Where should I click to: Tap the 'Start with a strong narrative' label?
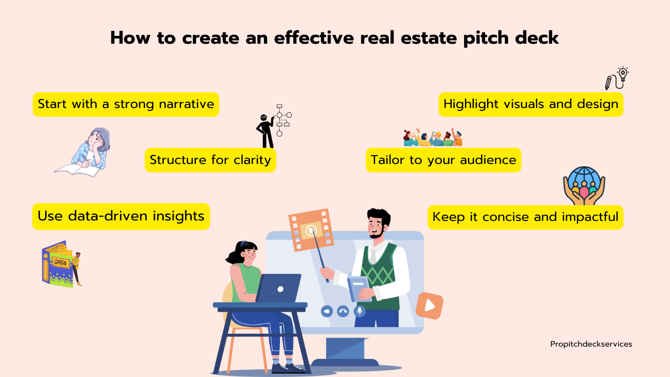pos(126,104)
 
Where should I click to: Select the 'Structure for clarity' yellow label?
pos(210,160)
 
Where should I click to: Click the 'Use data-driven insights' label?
pos(121,216)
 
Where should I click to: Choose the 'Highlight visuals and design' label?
pos(531,104)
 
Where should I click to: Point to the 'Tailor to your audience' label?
pos(443,160)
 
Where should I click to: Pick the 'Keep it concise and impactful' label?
pos(525,217)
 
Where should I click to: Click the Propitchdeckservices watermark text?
pos(591,344)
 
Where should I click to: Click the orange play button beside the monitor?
pos(430,306)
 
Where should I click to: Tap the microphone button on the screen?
pos(360,311)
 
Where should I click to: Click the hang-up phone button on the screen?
pos(343,311)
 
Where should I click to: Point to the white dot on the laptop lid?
pos(280,289)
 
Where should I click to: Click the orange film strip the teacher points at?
pos(311,229)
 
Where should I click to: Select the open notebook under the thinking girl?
pos(77,170)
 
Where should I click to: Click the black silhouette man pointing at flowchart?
pos(265,131)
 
